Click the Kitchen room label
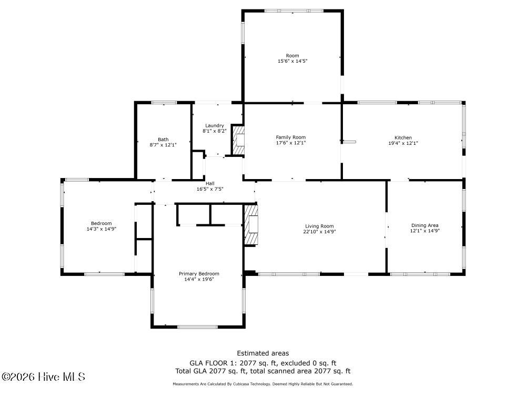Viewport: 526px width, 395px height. click(x=403, y=137)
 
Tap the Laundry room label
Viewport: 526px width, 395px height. click(x=215, y=126)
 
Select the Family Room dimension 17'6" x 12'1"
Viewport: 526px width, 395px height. click(x=291, y=143)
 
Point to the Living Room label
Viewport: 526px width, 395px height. click(x=319, y=226)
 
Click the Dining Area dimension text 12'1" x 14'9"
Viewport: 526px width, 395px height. click(x=424, y=231)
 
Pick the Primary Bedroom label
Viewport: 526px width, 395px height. click(x=199, y=274)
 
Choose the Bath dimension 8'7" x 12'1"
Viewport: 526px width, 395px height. click(x=163, y=145)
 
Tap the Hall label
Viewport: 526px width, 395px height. click(x=210, y=183)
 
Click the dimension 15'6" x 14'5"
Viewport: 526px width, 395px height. click(x=292, y=61)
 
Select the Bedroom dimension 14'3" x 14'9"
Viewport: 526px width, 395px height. click(x=102, y=229)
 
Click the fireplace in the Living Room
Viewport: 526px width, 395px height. click(x=251, y=224)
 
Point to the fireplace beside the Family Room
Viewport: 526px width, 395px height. click(x=238, y=140)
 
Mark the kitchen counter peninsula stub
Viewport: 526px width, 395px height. click(x=349, y=142)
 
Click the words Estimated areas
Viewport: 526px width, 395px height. click(x=262, y=353)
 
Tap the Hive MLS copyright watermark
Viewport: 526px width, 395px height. click(x=43, y=377)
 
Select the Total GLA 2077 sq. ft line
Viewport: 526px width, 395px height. click(x=262, y=371)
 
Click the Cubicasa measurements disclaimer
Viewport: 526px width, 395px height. click(x=262, y=384)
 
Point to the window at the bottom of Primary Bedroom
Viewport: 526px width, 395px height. click(x=198, y=327)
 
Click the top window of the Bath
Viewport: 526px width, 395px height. click(x=164, y=103)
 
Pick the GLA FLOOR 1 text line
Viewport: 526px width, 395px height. click(x=262, y=363)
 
